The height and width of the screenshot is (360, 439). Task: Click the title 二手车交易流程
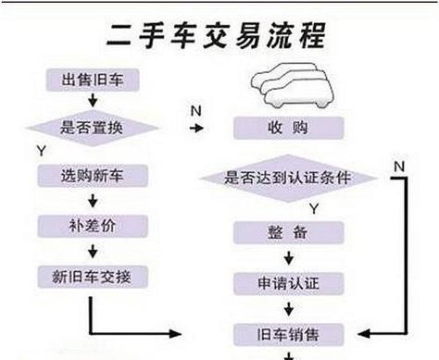pos(219,37)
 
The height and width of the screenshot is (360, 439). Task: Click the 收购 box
pos(288,128)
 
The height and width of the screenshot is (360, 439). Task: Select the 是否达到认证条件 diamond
pos(288,176)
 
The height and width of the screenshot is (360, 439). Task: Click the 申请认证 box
pos(288,281)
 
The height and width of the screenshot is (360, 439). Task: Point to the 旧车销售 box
pos(288,332)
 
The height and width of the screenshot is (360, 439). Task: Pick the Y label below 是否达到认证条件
pos(314,205)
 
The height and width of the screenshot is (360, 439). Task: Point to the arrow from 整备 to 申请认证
pos(288,256)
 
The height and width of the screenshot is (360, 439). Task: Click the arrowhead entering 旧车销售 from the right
pos(363,332)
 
